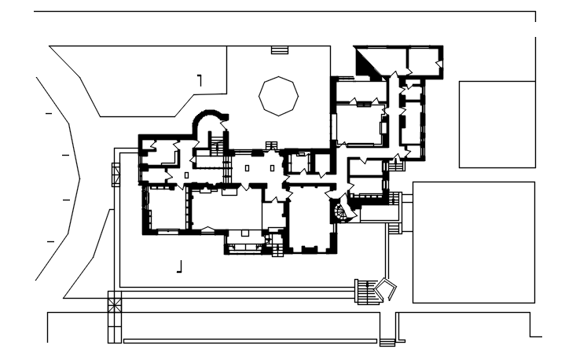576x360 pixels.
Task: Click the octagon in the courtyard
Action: [279, 96]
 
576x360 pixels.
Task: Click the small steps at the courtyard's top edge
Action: [280, 50]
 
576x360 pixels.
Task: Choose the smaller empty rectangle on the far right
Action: [497, 123]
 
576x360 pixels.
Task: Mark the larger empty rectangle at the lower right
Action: [473, 242]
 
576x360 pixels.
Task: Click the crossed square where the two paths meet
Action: [115, 301]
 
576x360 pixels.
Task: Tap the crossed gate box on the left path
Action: [116, 172]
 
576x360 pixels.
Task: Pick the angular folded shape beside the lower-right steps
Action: [386, 289]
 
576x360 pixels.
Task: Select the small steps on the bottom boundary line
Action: [387, 342]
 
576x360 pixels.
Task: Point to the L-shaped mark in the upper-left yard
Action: [200, 79]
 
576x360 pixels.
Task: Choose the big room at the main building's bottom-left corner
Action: [166, 208]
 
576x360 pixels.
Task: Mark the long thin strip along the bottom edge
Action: [250, 341]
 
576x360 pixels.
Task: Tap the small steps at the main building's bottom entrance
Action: [277, 251]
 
